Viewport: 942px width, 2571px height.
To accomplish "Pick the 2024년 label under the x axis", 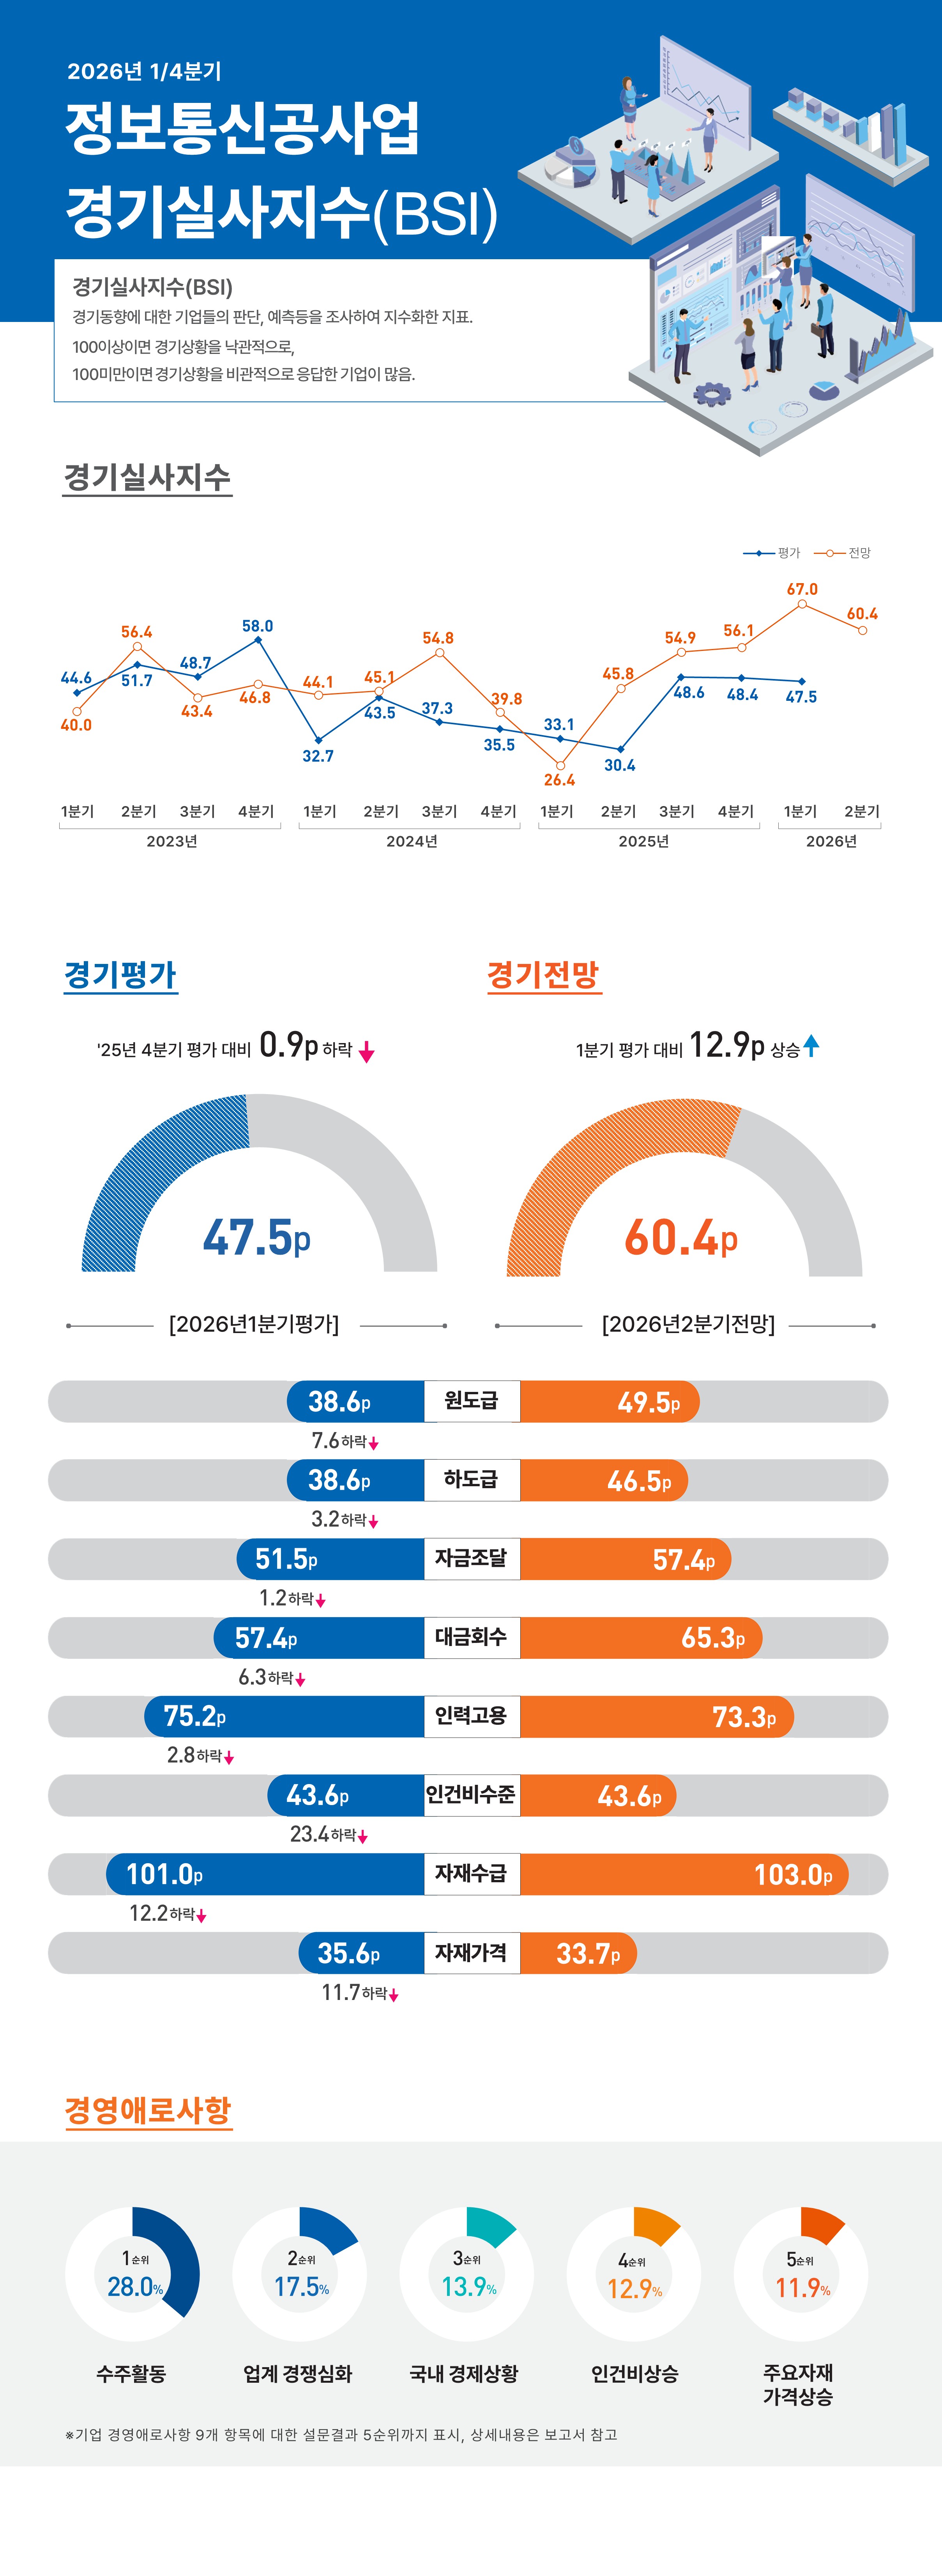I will click(x=411, y=842).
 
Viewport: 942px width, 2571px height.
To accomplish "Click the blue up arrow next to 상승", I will click(x=811, y=1045).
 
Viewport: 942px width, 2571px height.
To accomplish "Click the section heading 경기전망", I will click(x=543, y=975).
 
